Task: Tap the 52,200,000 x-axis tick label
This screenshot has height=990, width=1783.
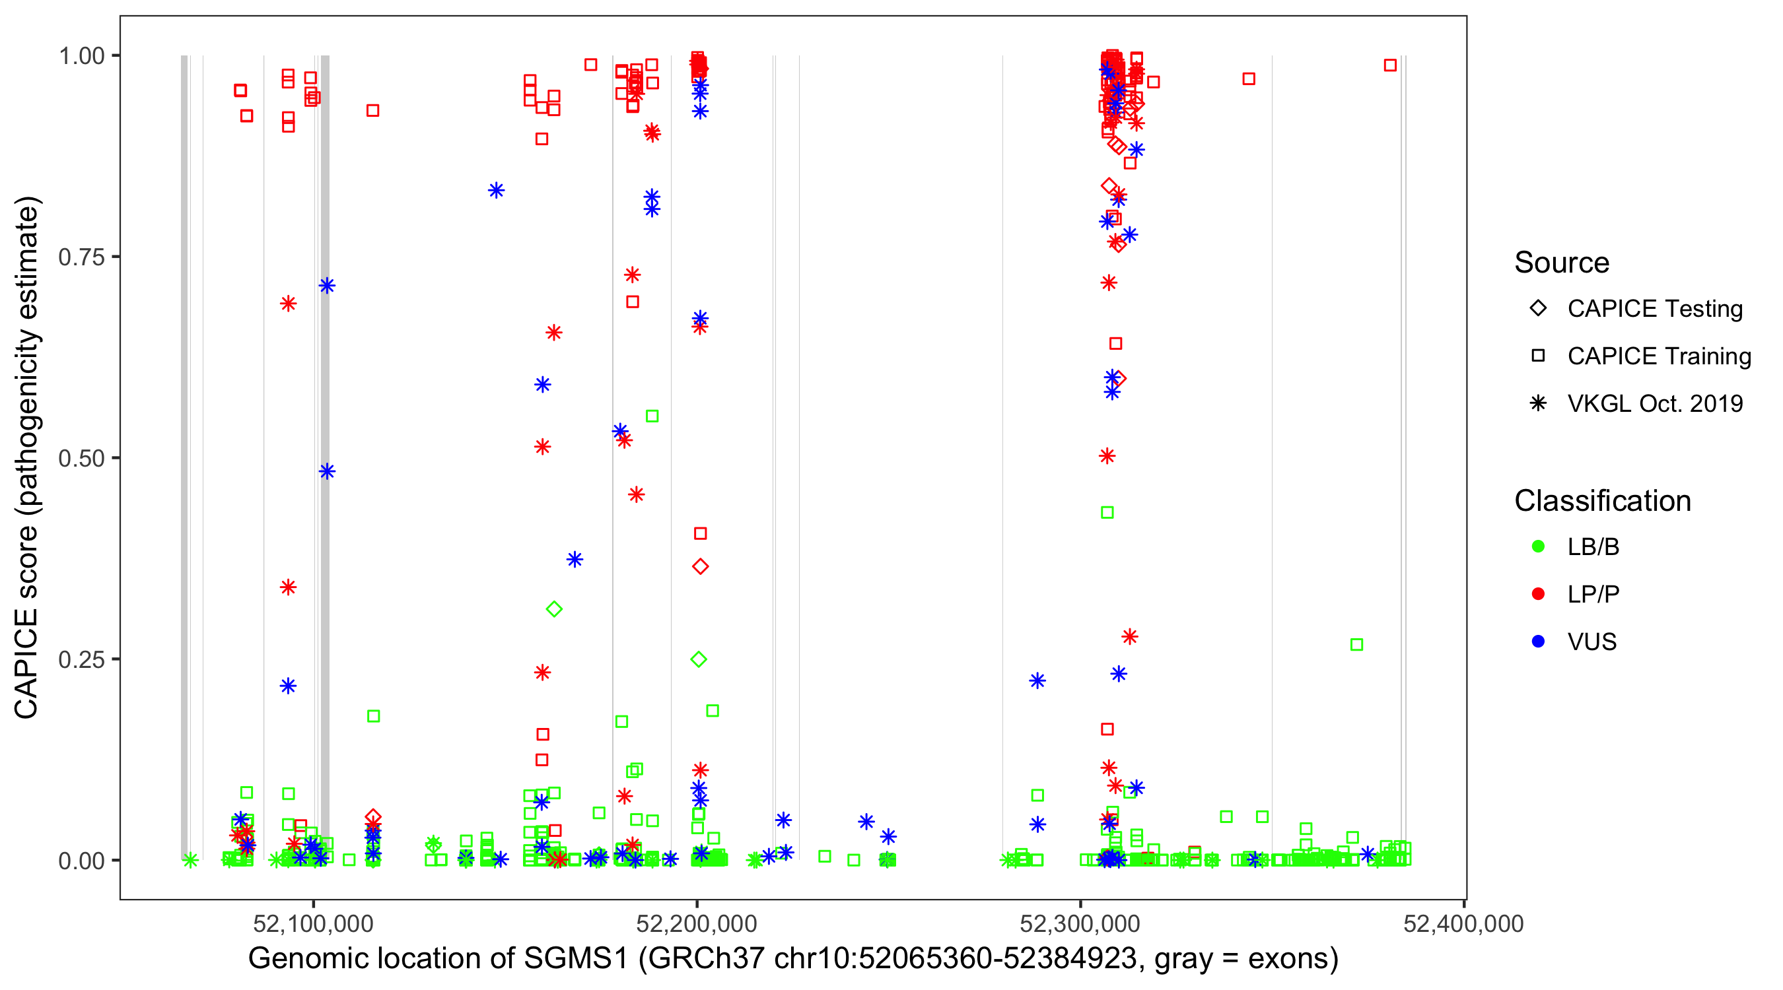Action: point(696,923)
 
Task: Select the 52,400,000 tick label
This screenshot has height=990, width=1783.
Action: point(1463,923)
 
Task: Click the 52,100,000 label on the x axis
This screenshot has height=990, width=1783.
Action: point(313,923)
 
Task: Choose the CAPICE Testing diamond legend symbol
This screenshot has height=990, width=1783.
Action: point(1538,309)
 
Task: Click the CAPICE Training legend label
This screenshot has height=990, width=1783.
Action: point(1658,356)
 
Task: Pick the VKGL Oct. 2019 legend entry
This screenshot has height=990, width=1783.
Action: point(1654,404)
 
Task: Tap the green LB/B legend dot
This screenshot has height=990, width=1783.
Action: point(1538,546)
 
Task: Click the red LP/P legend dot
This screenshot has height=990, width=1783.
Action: point(1538,594)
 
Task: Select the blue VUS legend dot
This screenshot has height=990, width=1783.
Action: point(1538,642)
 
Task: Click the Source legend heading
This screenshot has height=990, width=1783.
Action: point(1561,263)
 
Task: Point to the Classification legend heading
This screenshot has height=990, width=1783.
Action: point(1601,501)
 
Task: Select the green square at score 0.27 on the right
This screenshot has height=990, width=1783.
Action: point(1356,645)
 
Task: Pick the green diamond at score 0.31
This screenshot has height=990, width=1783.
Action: point(554,609)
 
